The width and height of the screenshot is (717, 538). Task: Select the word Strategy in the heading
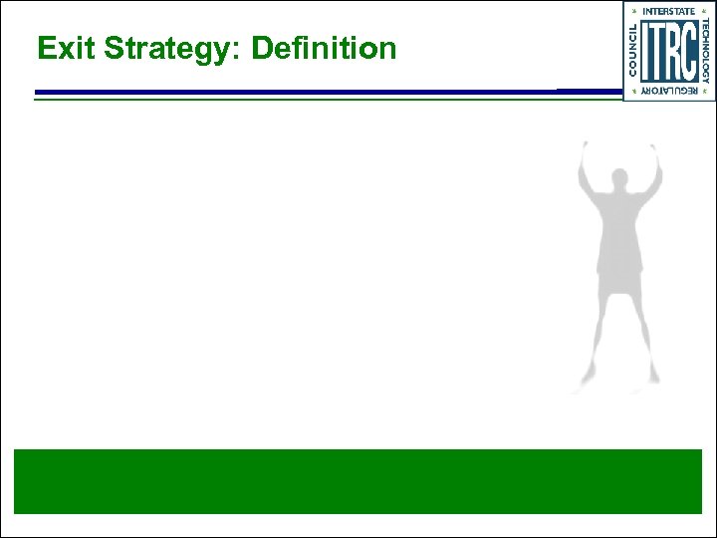click(160, 49)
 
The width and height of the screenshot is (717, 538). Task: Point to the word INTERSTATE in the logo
click(669, 11)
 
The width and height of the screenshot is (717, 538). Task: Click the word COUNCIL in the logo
click(634, 49)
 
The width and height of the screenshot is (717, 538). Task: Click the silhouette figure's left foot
click(581, 387)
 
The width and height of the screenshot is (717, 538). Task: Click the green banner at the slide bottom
click(358, 481)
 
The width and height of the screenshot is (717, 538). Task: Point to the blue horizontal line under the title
click(299, 93)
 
